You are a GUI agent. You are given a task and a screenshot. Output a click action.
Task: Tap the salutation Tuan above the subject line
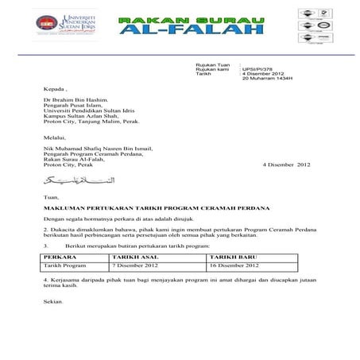coord(50,195)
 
